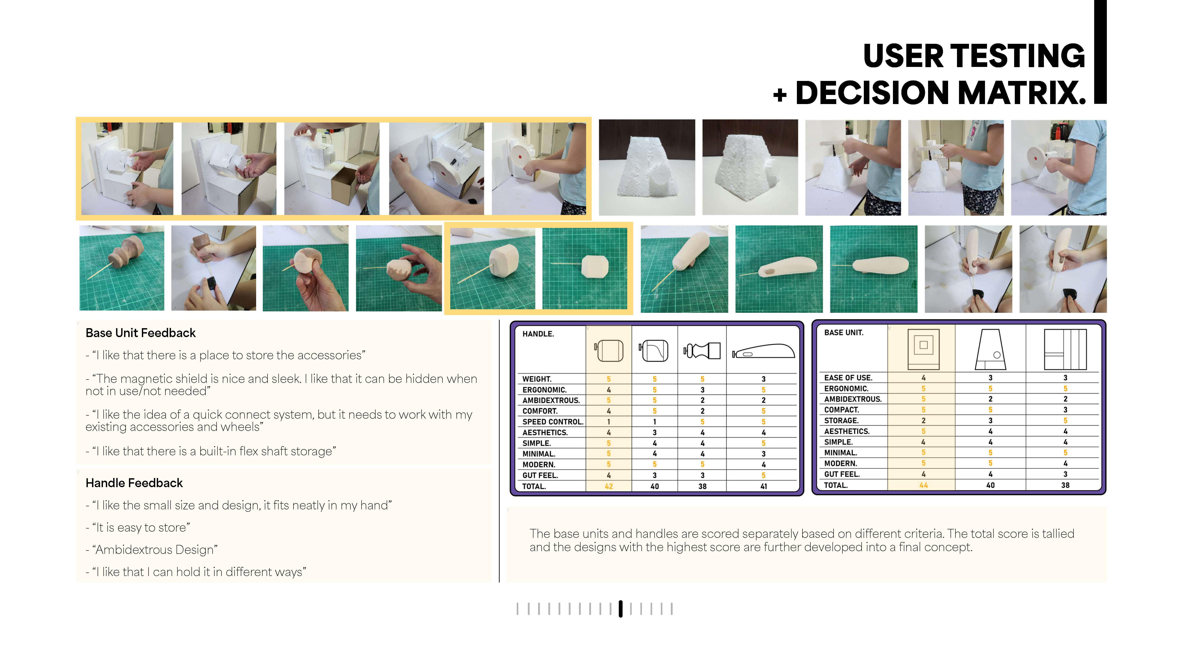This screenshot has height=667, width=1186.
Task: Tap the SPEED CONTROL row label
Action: coord(553,422)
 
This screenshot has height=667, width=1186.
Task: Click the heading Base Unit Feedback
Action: coord(141,333)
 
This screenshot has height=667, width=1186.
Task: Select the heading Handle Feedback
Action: coord(134,483)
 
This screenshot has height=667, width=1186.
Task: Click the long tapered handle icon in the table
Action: coord(763,351)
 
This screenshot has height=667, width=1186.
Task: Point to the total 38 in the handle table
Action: coord(702,486)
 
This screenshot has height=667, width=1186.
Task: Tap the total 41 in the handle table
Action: coord(763,486)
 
